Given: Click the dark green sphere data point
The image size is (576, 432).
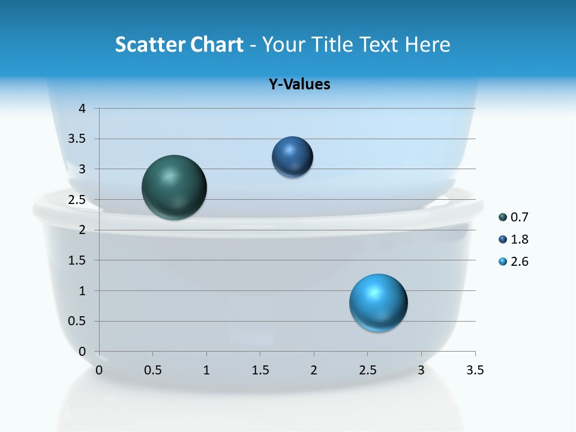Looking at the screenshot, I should (x=175, y=187).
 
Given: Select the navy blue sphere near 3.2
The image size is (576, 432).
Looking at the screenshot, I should (x=292, y=157).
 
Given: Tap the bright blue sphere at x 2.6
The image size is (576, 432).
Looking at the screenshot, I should (x=378, y=303).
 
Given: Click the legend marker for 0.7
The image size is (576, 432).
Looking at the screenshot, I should (x=503, y=217).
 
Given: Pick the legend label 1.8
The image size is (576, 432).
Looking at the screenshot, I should (x=520, y=239).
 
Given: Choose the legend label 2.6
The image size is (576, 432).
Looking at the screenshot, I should (x=520, y=262).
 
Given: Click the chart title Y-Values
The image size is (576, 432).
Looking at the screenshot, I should (x=299, y=84).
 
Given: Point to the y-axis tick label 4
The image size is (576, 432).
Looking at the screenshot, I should (x=82, y=109).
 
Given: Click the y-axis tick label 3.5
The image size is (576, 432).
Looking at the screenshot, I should (x=77, y=139).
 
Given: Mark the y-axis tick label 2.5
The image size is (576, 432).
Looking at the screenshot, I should (x=77, y=200).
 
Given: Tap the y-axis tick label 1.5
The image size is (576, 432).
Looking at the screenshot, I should (x=77, y=260).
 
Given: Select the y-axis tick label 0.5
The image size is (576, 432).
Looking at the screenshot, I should (x=77, y=321).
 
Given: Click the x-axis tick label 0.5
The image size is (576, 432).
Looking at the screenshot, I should (x=152, y=370).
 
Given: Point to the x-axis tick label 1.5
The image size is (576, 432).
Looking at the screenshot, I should (x=260, y=370).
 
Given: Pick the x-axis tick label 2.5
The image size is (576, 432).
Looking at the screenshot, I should (x=367, y=370).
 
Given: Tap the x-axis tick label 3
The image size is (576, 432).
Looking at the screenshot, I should (x=421, y=370).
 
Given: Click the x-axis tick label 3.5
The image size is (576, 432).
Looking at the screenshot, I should (x=475, y=370).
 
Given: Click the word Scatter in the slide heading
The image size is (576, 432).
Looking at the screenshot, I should (x=150, y=44).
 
